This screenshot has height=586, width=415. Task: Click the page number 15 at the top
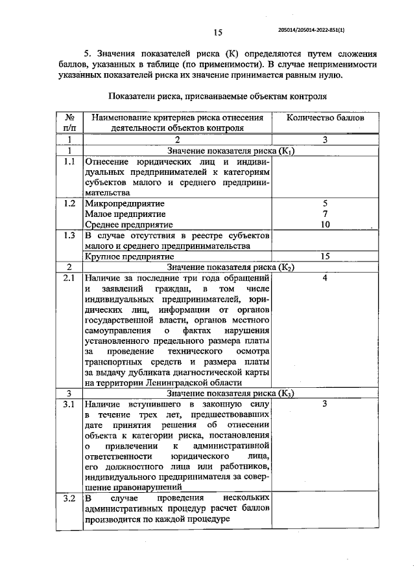[x=218, y=33]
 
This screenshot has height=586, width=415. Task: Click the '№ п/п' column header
[x=69, y=123]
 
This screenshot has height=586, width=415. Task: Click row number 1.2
[x=69, y=203]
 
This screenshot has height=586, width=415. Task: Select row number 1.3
[x=69, y=235]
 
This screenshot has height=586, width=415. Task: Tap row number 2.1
[x=69, y=278]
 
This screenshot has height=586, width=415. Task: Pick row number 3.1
[x=69, y=404]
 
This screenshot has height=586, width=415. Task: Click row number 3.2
[x=69, y=499]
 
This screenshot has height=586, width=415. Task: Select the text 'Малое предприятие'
[x=125, y=214]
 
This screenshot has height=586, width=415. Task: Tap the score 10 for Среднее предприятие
[x=326, y=225]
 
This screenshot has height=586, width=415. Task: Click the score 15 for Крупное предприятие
[x=326, y=256]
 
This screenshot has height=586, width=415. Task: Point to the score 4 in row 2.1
[x=326, y=278]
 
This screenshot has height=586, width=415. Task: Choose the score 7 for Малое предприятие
[x=326, y=214]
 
